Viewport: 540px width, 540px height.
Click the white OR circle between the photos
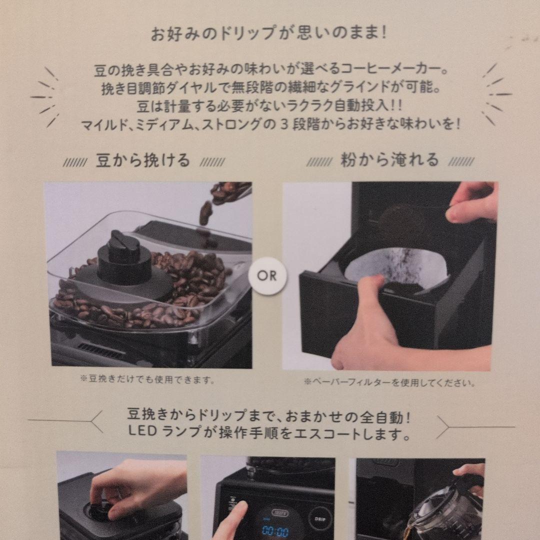point(267,275)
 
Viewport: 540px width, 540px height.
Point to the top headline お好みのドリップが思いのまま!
point(269,34)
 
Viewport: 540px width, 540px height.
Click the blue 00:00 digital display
point(275,530)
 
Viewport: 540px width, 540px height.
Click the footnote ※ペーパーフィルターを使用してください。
point(389,383)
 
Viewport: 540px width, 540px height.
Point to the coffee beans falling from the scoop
point(206,212)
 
